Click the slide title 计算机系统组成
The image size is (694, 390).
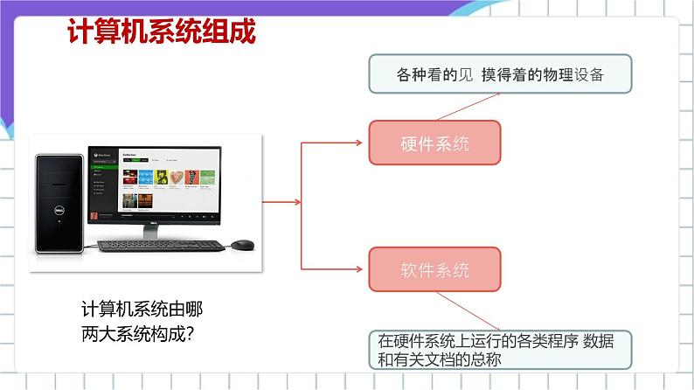162,33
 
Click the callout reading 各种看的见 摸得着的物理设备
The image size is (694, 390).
499,74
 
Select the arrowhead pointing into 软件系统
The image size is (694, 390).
363,268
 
